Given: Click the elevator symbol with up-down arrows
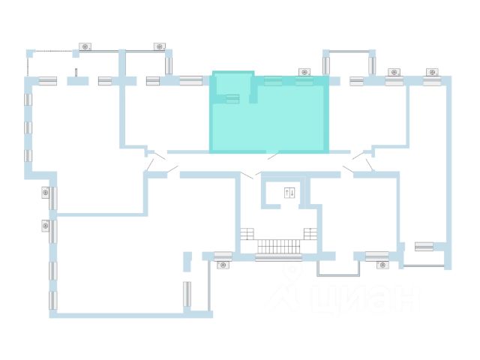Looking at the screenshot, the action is coord(289,193).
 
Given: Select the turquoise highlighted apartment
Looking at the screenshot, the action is coord(270,116).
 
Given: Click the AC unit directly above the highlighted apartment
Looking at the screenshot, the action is coord(304,71).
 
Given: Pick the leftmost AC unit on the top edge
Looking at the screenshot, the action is coord(85,47).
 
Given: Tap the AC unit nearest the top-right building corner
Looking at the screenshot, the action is coord(431,72).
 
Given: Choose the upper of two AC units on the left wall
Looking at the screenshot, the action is coord(45,193).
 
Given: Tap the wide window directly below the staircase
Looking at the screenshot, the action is coord(278,257).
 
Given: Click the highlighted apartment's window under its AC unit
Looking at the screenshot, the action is coord(304,81).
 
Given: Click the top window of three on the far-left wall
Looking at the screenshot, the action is coord(28,100).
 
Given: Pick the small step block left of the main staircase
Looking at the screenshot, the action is coord(247,234).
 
